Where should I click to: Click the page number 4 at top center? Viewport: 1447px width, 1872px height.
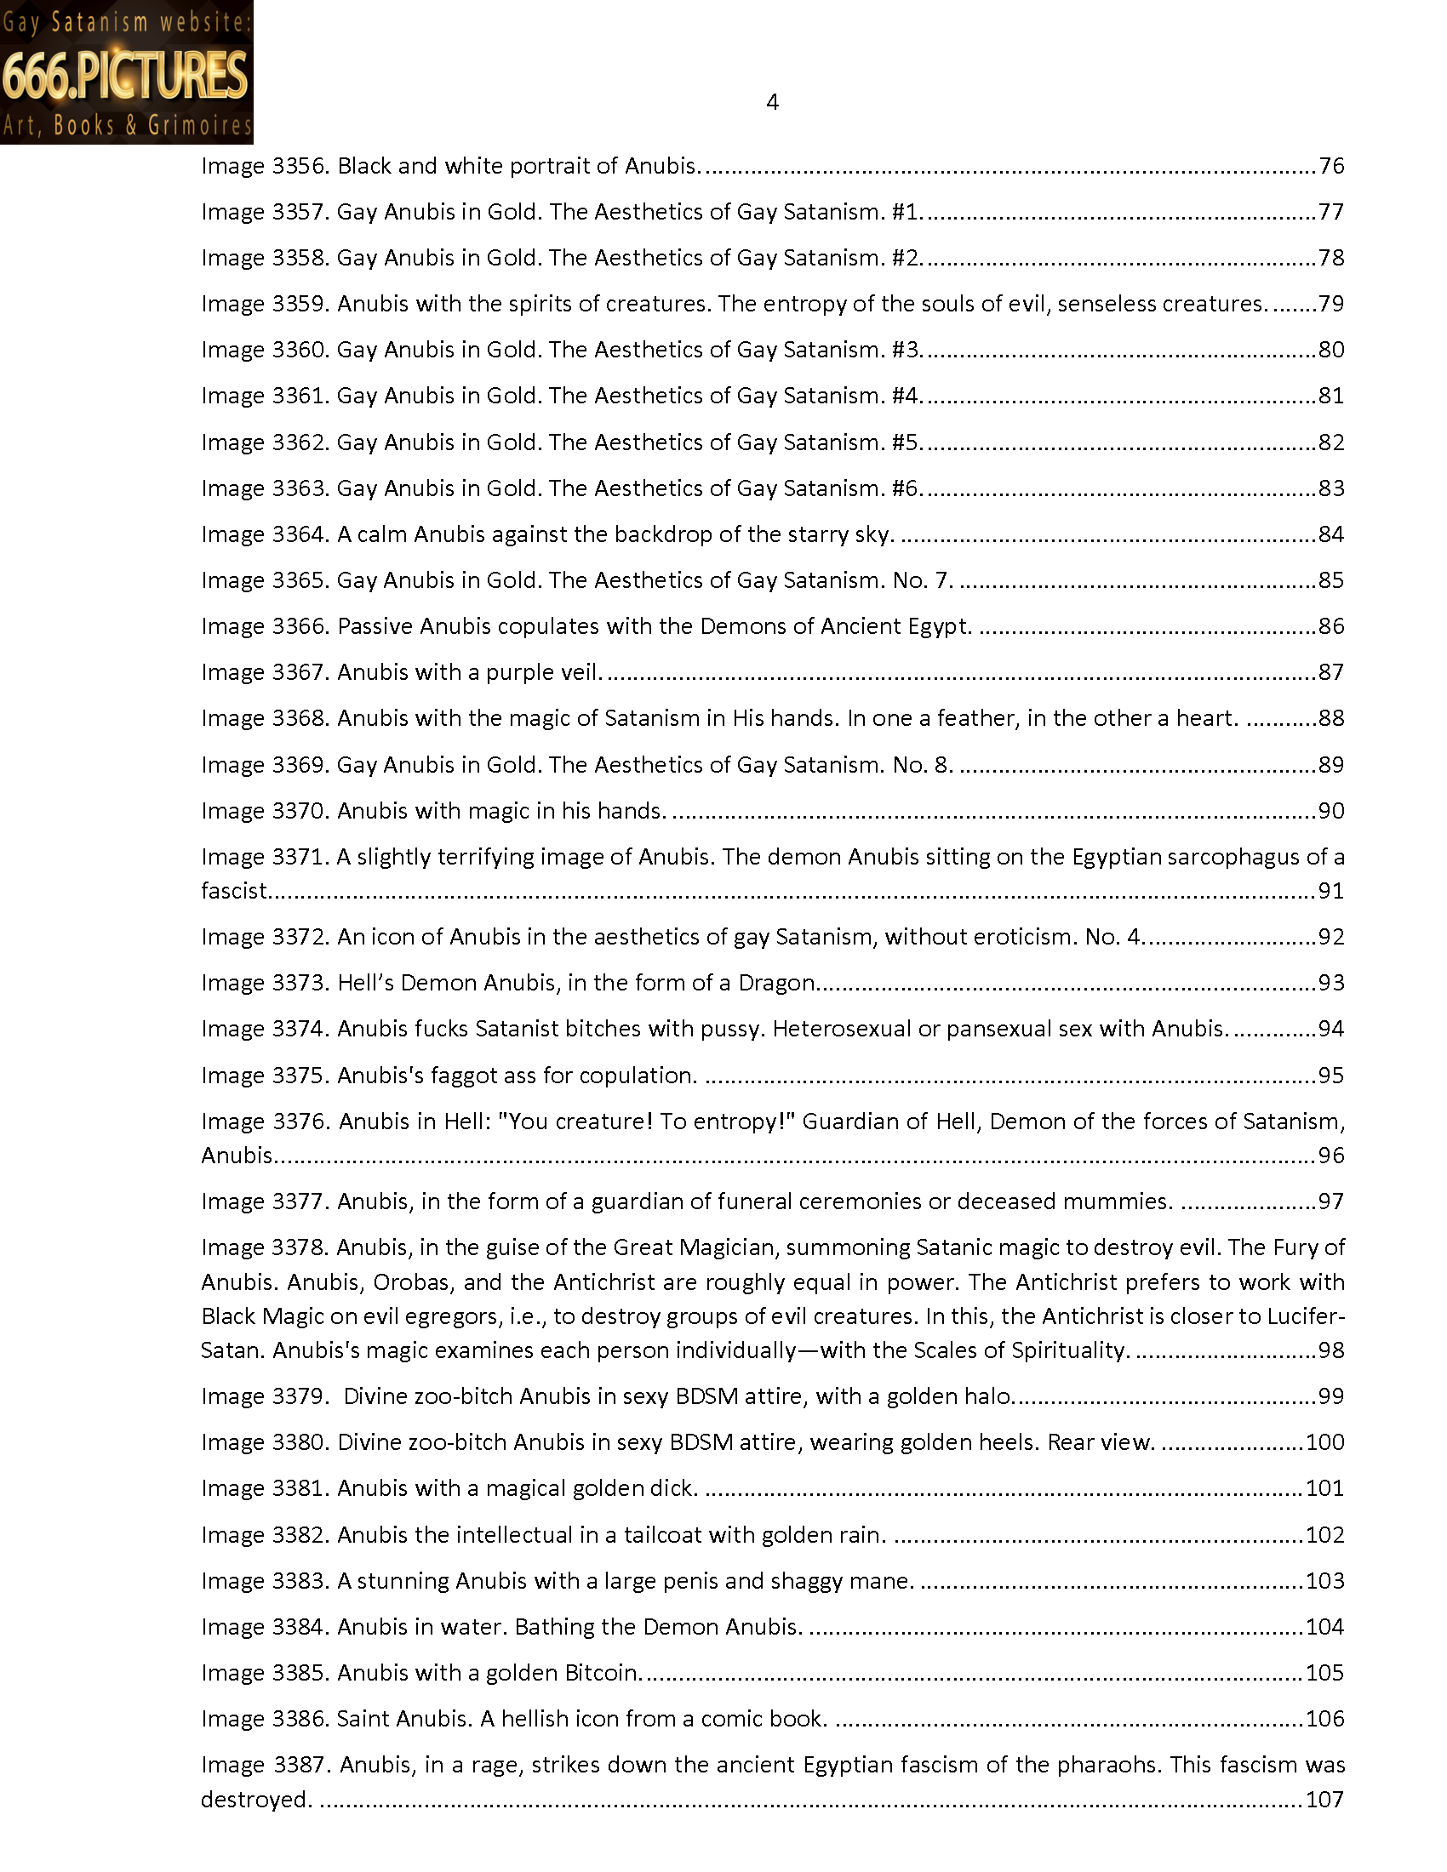[771, 103]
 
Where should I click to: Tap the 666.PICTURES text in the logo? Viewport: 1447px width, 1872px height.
[125, 75]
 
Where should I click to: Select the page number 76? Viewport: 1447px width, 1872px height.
[1331, 165]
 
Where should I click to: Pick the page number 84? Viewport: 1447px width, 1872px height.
[1331, 534]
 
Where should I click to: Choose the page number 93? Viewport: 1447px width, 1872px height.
[1331, 982]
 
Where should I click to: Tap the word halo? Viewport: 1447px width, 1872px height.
[987, 1396]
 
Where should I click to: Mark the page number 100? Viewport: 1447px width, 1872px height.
[1325, 1442]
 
